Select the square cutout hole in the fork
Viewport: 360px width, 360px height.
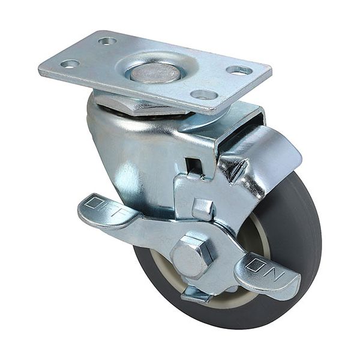coord(193,165)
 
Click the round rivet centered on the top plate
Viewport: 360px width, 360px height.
coord(155,73)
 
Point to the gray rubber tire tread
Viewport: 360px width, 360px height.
coord(300,240)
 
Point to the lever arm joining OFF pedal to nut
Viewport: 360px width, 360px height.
coord(150,231)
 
